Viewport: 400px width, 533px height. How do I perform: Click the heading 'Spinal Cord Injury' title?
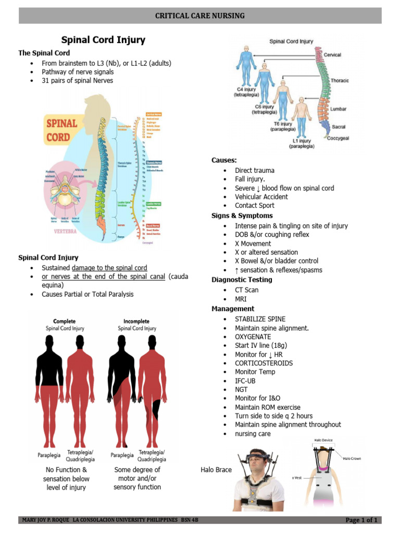pos(104,40)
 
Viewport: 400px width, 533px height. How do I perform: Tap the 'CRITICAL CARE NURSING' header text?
pos(200,16)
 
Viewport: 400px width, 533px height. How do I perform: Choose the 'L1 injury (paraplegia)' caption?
pos(302,144)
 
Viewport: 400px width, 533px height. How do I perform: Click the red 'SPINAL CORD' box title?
pos(61,131)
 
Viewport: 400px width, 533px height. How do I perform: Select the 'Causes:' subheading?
pos(224,160)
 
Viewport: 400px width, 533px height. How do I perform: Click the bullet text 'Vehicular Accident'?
pos(261,197)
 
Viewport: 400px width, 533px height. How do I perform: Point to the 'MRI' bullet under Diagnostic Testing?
pos(241,299)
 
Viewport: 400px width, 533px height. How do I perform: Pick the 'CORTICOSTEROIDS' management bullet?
pos(264,363)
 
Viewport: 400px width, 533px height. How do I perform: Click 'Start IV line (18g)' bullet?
pos(260,345)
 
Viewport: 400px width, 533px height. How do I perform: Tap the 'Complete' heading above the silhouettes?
pos(65,322)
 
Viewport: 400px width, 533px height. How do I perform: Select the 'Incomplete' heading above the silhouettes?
pos(136,322)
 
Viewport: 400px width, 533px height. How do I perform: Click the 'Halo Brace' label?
pos(216,469)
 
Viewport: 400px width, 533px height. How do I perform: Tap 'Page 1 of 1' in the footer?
pos(361,520)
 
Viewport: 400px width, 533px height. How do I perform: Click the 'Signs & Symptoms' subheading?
pos(242,215)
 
